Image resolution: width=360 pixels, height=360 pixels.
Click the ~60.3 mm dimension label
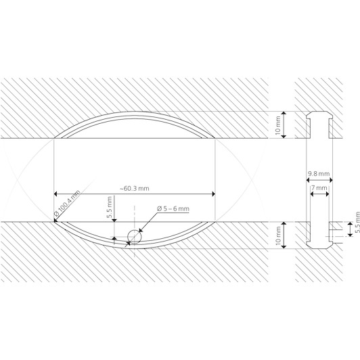pyautogui.click(x=135, y=189)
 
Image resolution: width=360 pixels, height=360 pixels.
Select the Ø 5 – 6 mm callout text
pyautogui.click(x=173, y=208)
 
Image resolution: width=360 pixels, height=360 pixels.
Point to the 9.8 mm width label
pyautogui.click(x=319, y=173)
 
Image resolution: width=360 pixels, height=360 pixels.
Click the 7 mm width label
pyautogui.click(x=319, y=188)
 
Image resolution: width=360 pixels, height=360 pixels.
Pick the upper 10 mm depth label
pyautogui.click(x=278, y=125)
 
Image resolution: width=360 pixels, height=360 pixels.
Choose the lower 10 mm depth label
pyautogui.click(x=278, y=235)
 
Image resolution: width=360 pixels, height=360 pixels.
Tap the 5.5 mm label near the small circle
pyautogui.click(x=110, y=207)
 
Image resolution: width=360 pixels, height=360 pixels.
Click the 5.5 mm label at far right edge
pyautogui.click(x=357, y=223)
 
